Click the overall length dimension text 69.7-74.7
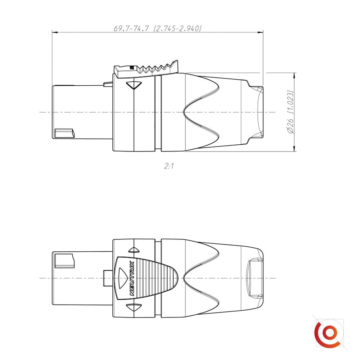131,28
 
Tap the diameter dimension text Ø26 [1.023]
291,112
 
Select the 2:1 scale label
169,166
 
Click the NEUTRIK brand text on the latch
132,278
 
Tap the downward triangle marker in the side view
134,85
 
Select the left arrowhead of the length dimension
55,32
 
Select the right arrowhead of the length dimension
260,32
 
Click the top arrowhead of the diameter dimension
294,76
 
